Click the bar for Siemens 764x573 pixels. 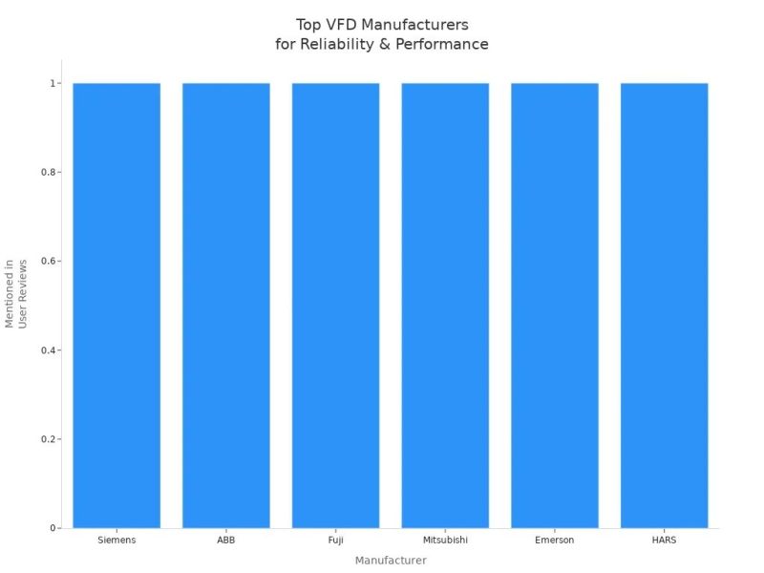(117, 306)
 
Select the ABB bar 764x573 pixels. (226, 306)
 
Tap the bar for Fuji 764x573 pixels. (335, 306)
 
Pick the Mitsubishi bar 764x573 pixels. (445, 306)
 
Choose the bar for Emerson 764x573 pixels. (555, 306)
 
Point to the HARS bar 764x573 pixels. (664, 306)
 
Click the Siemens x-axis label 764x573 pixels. (117, 541)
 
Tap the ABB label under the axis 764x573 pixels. (226, 541)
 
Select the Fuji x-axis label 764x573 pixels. (335, 541)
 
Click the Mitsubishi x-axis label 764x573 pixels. (445, 541)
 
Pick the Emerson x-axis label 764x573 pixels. (555, 541)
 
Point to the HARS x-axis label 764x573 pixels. (664, 541)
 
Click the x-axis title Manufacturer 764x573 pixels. (391, 561)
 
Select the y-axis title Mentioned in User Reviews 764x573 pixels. (16, 293)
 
